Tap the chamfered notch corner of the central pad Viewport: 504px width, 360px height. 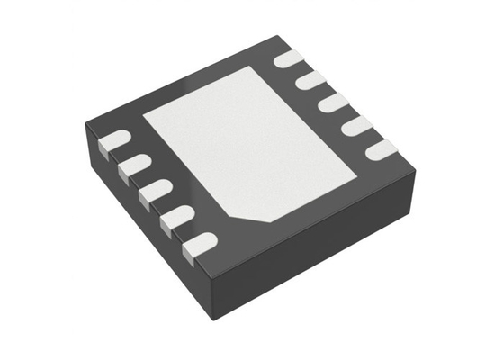[x=241, y=219]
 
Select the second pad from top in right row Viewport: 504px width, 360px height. [x=311, y=81]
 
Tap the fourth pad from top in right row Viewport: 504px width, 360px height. [x=357, y=125]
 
